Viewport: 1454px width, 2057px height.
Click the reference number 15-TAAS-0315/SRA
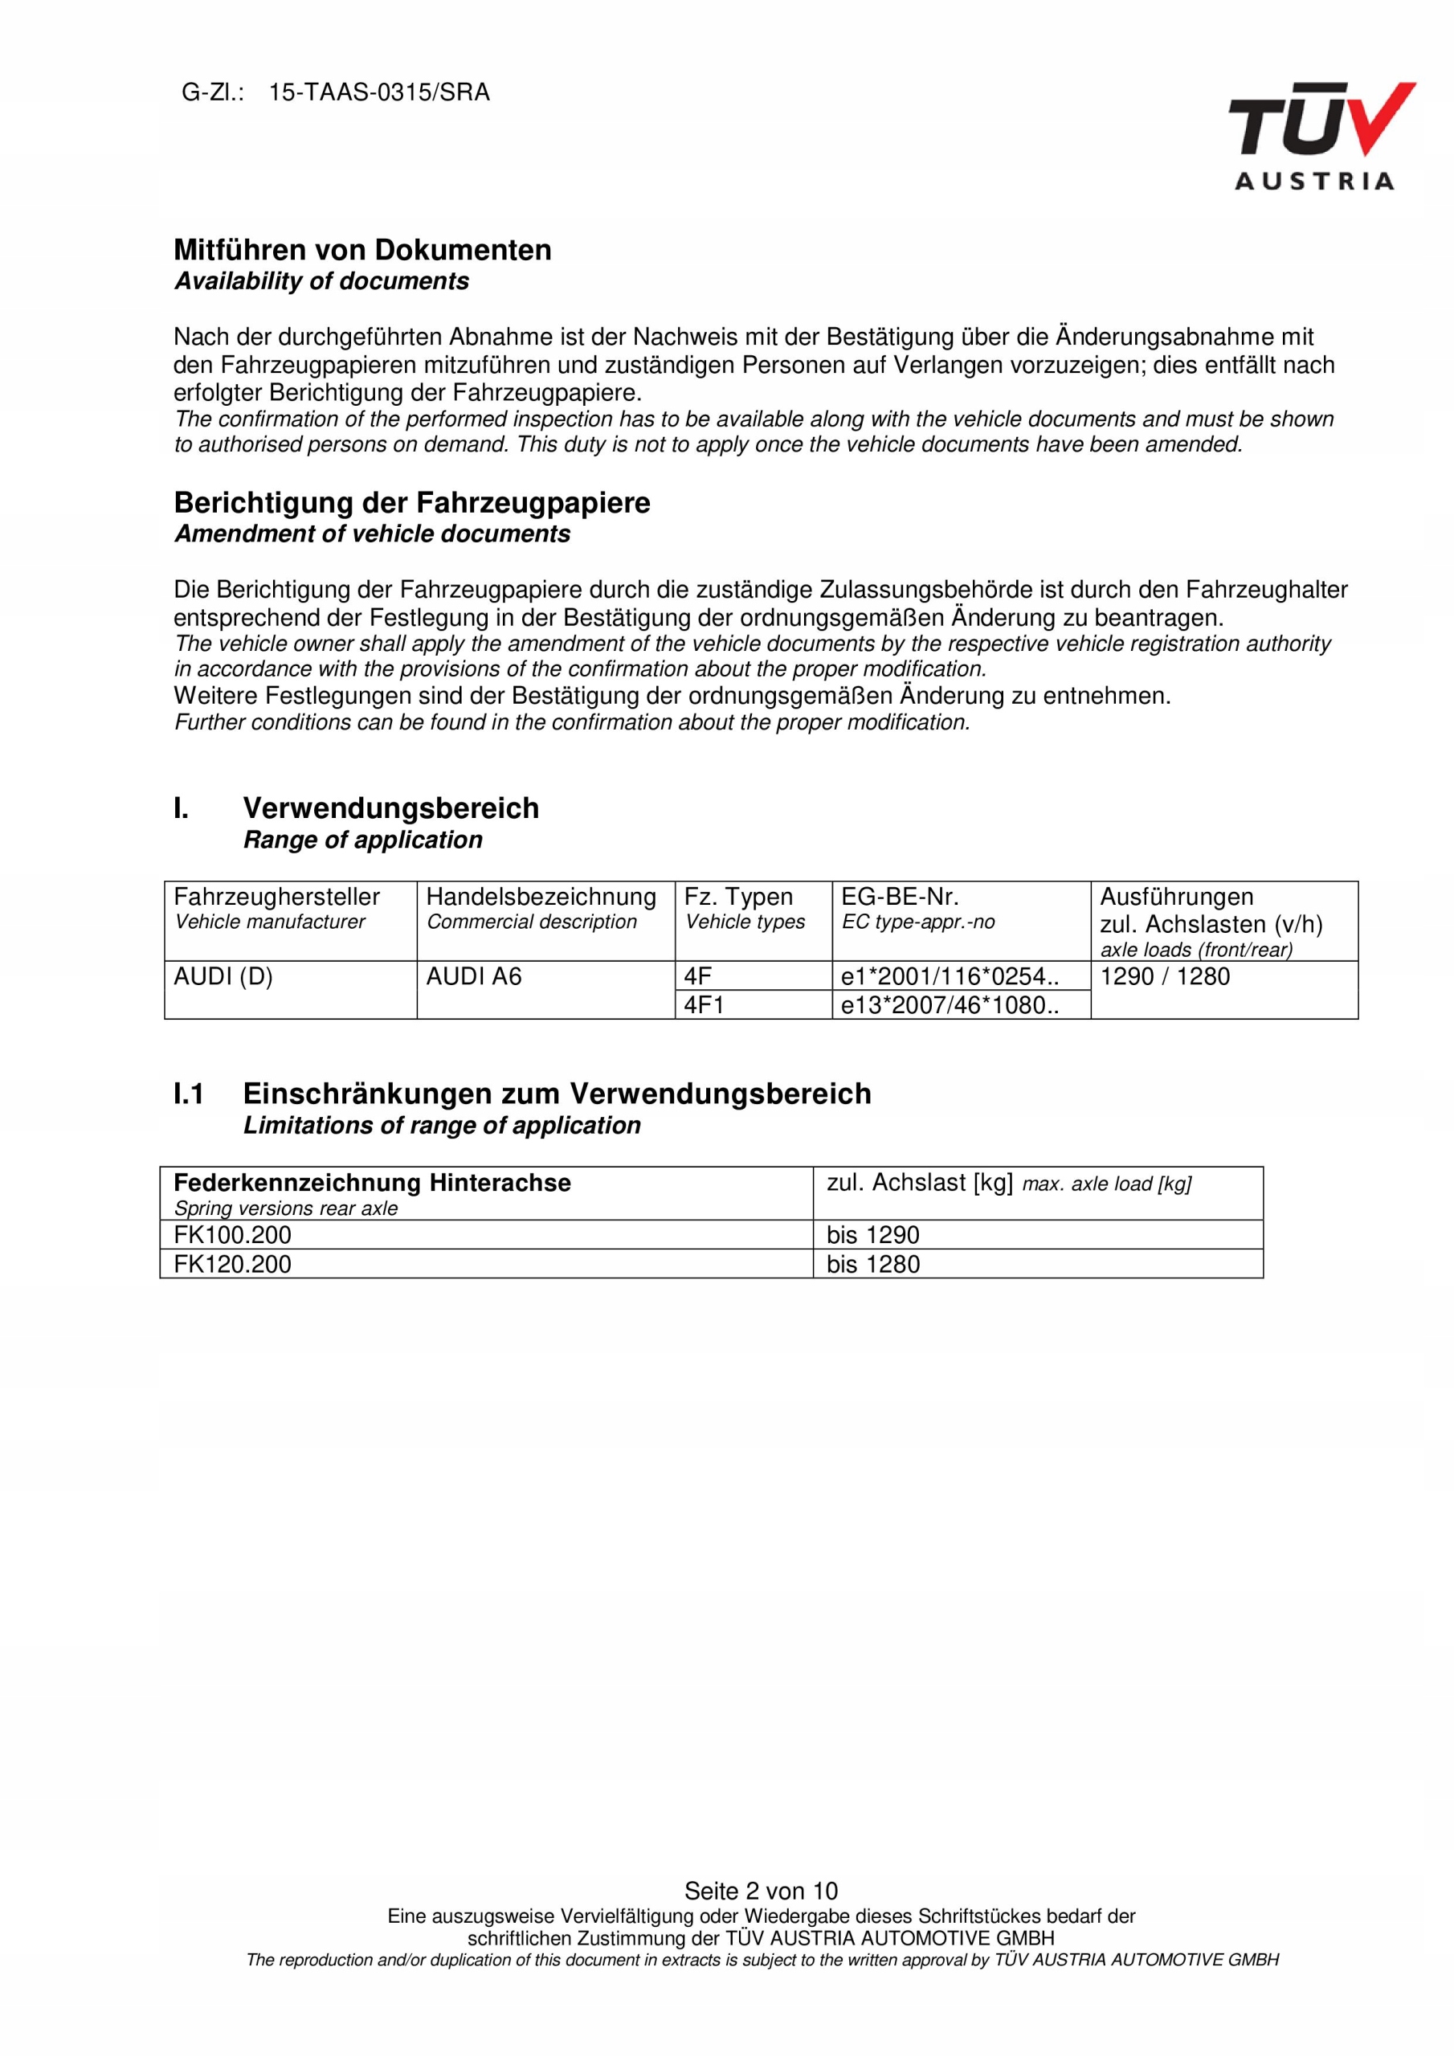pyautogui.click(x=379, y=93)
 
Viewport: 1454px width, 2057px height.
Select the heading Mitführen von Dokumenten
pyautogui.click(x=362, y=250)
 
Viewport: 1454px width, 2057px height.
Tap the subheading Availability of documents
pyautogui.click(x=321, y=281)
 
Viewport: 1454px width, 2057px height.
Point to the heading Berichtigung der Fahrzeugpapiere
pyautogui.click(x=411, y=503)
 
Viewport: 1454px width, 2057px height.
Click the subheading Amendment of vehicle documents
pyautogui.click(x=372, y=534)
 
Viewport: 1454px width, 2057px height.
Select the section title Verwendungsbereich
pyautogui.click(x=390, y=808)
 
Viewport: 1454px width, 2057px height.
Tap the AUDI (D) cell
pyautogui.click(x=223, y=976)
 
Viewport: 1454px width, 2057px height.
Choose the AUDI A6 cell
pyautogui.click(x=473, y=976)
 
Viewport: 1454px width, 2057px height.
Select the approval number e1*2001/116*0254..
pyautogui.click(x=949, y=976)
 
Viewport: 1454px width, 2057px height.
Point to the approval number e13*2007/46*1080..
pyautogui.click(x=949, y=1005)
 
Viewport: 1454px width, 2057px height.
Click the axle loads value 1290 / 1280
pyautogui.click(x=1164, y=976)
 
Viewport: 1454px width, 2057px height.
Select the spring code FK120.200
pyautogui.click(x=232, y=1264)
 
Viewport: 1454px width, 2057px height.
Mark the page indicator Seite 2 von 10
pyautogui.click(x=761, y=1891)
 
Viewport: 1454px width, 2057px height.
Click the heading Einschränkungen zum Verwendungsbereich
pyautogui.click(x=557, y=1094)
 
